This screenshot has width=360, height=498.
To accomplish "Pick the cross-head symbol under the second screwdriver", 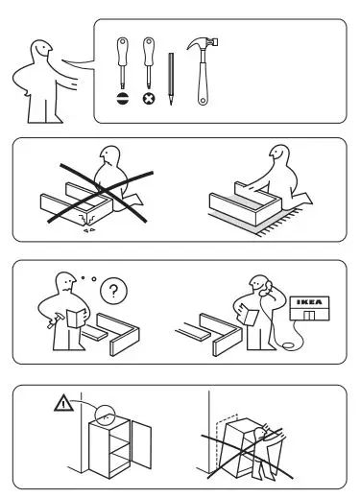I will (x=149, y=99).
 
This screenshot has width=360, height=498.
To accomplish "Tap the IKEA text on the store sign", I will (x=308, y=301).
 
